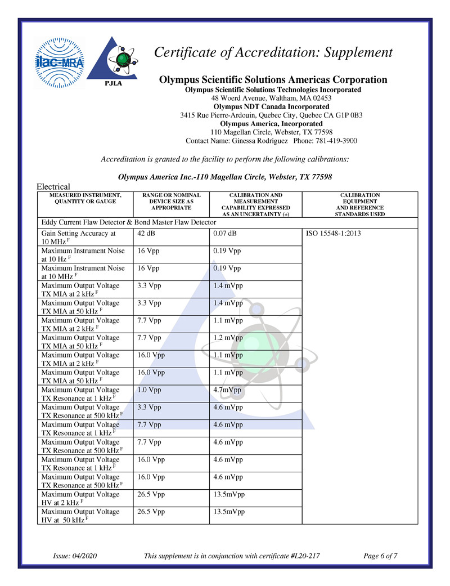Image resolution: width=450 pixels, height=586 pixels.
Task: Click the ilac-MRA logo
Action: click(x=59, y=62)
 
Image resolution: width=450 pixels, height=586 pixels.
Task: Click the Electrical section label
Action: click(x=53, y=186)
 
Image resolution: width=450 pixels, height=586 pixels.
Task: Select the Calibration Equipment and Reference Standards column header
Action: click(x=360, y=204)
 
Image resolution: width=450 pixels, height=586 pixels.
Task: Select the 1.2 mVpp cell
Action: click(x=228, y=338)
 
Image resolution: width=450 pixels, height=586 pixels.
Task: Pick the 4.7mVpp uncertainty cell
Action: click(x=227, y=390)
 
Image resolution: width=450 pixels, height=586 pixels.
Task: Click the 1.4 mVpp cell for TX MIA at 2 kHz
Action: click(x=228, y=285)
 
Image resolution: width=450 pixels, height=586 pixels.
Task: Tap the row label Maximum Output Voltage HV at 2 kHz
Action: click(x=80, y=498)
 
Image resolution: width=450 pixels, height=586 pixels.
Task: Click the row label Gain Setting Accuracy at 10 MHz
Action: click(x=78, y=237)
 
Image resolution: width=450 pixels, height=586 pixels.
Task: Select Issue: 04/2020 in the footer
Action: click(x=75, y=556)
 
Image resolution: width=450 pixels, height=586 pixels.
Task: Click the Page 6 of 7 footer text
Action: click(x=381, y=556)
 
